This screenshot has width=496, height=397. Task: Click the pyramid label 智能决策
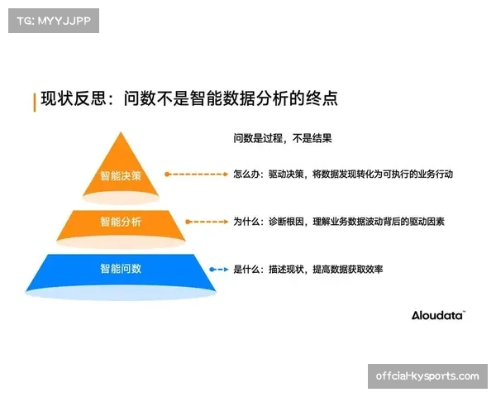pyautogui.click(x=121, y=175)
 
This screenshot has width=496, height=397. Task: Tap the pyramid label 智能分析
pyautogui.click(x=121, y=222)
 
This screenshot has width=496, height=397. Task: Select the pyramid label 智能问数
pyautogui.click(x=121, y=269)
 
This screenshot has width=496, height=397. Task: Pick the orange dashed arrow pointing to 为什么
pyautogui.click(x=206, y=222)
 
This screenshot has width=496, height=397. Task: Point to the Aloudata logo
pyautogui.click(x=438, y=315)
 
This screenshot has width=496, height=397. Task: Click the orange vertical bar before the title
pyautogui.click(x=35, y=101)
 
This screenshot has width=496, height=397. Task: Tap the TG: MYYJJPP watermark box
pyautogui.click(x=53, y=20)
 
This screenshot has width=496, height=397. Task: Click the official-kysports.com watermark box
pyautogui.click(x=427, y=376)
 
